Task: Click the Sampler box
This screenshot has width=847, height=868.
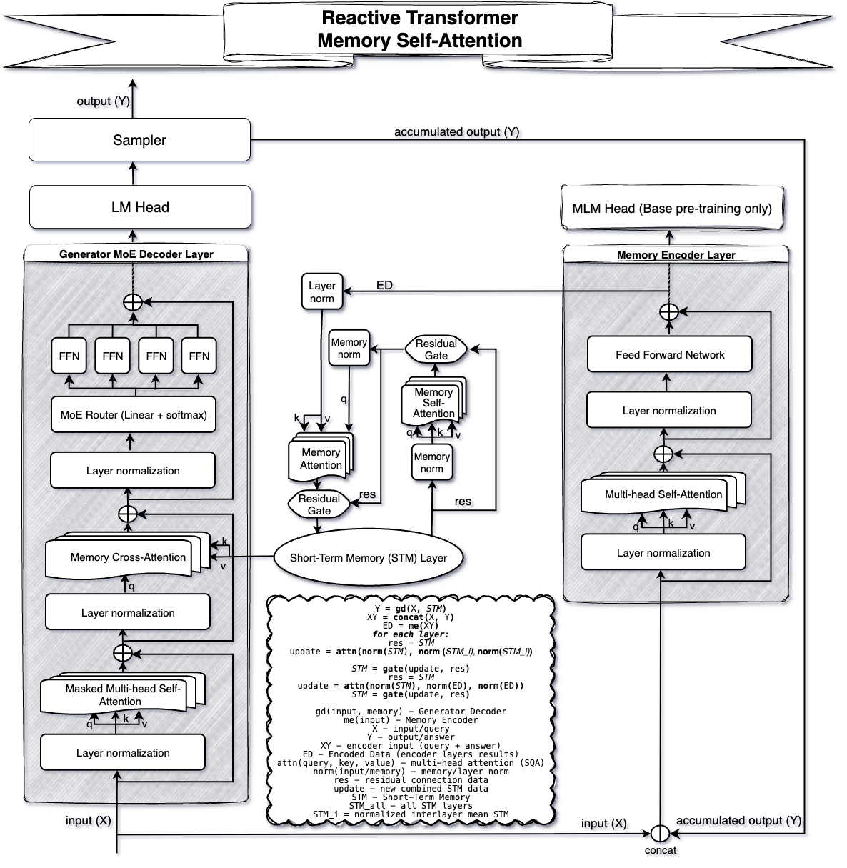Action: pos(139,140)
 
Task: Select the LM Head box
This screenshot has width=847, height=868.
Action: pos(140,208)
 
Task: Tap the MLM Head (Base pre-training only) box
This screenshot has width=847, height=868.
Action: pos(672,209)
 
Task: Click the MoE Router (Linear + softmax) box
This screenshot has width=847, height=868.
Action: pos(134,415)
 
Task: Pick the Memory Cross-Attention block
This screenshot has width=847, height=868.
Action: pos(127,557)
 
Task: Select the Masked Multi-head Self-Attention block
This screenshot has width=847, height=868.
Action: pos(122,695)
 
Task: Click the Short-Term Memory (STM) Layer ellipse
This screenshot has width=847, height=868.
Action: pos(368,558)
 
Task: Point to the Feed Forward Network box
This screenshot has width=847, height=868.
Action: pos(669,355)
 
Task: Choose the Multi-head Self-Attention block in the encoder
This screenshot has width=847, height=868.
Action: pos(663,494)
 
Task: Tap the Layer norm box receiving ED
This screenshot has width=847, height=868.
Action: pos(321,292)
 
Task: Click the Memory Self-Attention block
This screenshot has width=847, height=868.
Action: pos(433,403)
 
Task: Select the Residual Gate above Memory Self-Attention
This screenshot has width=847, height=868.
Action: pos(436,349)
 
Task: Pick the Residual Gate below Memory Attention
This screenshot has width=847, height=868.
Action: pos(319,504)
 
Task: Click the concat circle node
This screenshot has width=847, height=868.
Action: pos(659,833)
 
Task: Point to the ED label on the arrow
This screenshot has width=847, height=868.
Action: pos(384,285)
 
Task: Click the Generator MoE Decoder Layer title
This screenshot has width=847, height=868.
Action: pos(136,254)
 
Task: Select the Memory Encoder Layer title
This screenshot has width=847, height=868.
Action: pos(676,255)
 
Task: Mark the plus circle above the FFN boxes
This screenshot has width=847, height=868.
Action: pos(133,302)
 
